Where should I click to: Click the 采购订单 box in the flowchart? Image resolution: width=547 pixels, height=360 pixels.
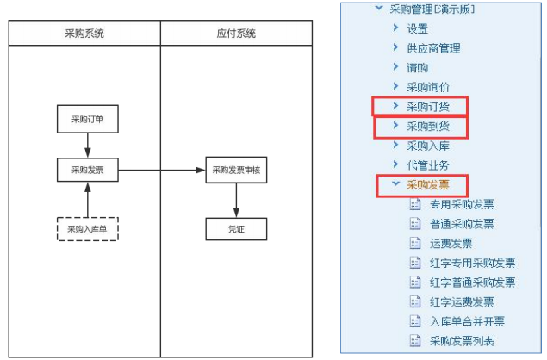88,119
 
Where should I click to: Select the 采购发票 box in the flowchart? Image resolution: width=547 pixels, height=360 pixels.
88,170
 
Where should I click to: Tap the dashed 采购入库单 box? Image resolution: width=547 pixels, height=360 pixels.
88,229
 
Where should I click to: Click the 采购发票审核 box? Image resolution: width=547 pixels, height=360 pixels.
236,170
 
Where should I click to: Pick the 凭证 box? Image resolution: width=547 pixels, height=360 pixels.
236,229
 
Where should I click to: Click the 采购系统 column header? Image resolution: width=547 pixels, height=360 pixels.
84,33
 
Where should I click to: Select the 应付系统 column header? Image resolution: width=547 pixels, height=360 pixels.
236,33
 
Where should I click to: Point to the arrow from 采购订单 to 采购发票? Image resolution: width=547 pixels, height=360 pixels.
88,146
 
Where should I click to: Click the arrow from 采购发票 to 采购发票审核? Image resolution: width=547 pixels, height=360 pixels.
162,171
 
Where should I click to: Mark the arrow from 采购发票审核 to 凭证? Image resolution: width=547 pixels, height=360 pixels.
236,201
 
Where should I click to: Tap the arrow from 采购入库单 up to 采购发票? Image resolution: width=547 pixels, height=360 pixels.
88,200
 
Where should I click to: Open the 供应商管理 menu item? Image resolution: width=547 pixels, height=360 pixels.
433,48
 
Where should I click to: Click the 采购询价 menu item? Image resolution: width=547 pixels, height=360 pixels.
427,87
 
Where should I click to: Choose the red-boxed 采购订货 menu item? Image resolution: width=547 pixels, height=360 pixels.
427,107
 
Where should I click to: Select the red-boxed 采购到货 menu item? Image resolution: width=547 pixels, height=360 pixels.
427,127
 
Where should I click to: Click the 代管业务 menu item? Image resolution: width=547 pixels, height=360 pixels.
427,165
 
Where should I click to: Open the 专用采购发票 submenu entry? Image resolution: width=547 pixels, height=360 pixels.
462,204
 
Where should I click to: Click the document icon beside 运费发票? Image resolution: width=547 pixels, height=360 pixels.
415,243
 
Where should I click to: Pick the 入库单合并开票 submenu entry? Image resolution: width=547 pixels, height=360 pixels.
467,321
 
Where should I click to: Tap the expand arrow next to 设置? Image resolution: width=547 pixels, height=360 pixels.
395,28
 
